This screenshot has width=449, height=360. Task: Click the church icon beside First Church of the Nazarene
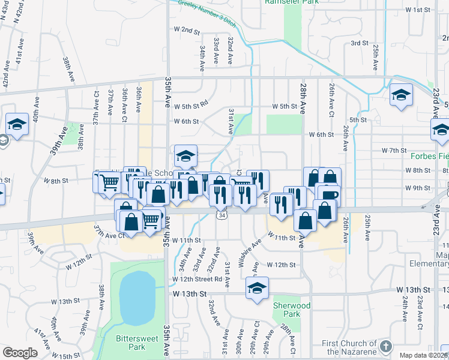tap(385, 347)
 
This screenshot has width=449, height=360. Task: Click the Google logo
tap(20, 353)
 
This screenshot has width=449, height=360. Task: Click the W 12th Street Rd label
tap(197, 279)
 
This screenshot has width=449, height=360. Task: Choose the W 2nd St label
tap(186, 29)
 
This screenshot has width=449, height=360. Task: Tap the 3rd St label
tap(359, 43)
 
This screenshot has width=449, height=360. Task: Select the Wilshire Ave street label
tap(249, 252)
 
